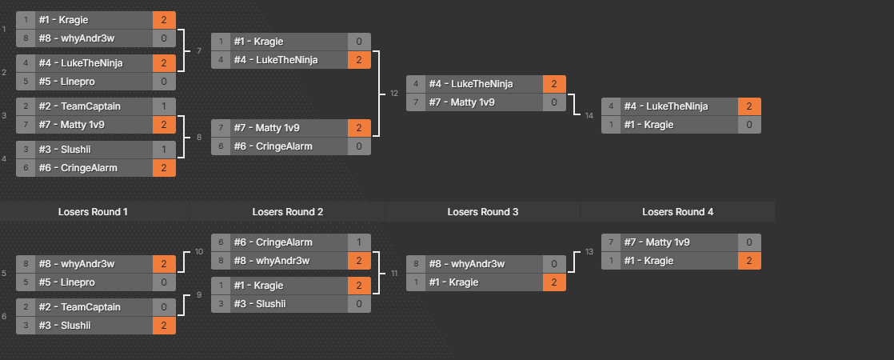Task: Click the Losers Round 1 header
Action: pos(93,211)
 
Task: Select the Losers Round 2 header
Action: pos(288,211)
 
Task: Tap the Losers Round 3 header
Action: pos(483,211)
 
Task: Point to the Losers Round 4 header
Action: pos(678,211)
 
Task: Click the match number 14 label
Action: pos(589,116)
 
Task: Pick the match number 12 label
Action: pos(393,94)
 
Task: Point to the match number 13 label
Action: pos(589,251)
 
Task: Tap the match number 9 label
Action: pos(198,295)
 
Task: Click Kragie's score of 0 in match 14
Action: pos(749,125)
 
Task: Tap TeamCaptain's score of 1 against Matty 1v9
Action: pos(164,106)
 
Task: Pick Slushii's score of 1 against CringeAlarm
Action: pos(164,150)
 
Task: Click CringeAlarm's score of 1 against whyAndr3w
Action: pos(359,242)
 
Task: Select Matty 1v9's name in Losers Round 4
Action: pos(655,242)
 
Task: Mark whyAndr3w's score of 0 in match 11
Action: pos(554,263)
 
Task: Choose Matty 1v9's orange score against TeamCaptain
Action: pos(164,125)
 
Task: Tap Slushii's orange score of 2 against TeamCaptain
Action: pos(164,326)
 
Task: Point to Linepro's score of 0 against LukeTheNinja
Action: pos(164,82)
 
